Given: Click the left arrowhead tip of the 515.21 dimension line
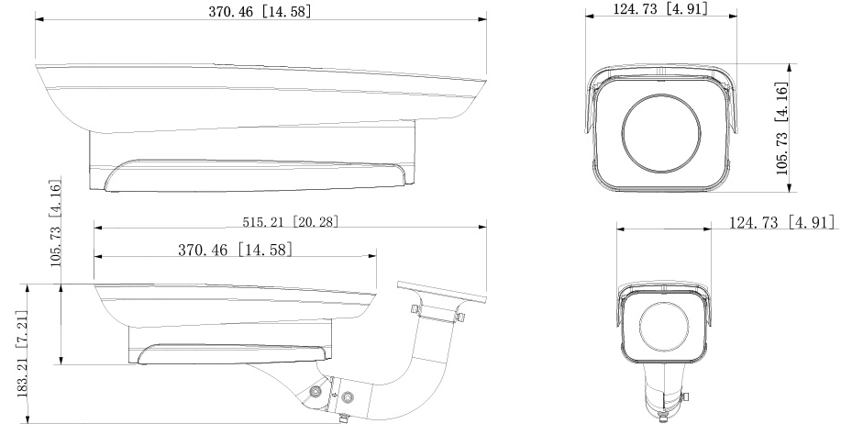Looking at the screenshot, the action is (x=94, y=228).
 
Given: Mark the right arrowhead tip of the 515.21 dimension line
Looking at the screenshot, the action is (x=486, y=228).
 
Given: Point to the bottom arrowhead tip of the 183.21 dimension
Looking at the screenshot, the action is (x=28, y=423).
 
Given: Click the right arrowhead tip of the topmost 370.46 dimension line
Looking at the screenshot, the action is (x=486, y=19).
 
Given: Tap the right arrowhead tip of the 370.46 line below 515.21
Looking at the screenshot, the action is (x=377, y=257).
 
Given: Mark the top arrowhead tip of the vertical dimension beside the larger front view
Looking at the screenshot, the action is (x=789, y=64).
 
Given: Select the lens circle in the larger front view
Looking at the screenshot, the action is (x=661, y=134).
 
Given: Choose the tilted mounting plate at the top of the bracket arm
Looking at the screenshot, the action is (x=441, y=292).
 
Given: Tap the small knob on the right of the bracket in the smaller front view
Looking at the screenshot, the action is (x=685, y=397).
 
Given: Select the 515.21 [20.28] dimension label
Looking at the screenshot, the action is (x=291, y=221).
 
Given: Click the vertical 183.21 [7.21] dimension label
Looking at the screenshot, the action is (x=22, y=352).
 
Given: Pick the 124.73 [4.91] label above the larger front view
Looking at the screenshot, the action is (x=660, y=8).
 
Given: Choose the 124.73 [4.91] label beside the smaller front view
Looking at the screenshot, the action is (x=781, y=222).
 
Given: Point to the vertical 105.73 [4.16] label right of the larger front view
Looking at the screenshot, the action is (x=782, y=128).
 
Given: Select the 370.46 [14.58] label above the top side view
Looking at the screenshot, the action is (x=260, y=12).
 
